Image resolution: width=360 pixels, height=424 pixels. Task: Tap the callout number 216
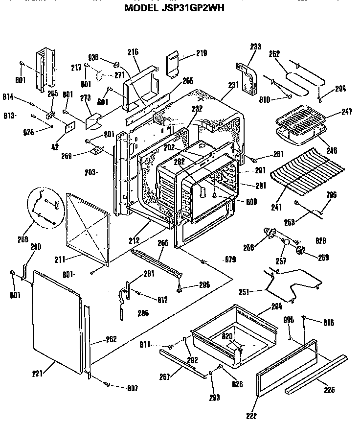point(133,52)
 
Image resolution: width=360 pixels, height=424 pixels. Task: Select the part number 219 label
point(202,53)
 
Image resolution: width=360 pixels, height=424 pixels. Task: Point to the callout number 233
point(255,47)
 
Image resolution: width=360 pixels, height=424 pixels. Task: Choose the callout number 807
point(132,388)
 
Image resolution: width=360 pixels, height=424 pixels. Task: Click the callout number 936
point(94,57)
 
